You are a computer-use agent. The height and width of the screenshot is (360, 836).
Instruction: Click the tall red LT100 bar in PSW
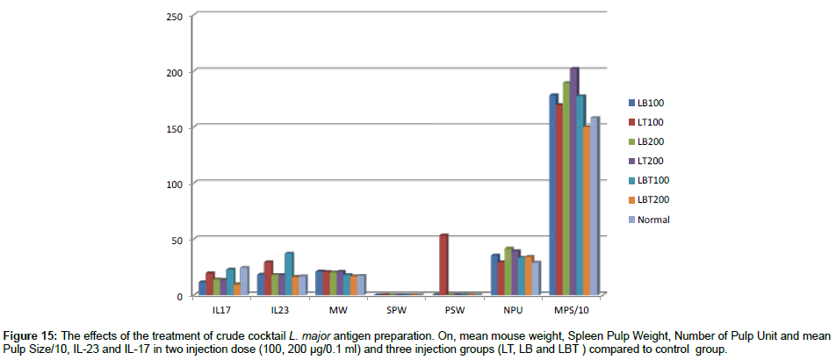[444, 264]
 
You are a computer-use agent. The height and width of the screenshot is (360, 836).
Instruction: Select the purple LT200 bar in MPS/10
[574, 181]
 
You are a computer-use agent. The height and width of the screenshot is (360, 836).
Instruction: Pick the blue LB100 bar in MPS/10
[553, 194]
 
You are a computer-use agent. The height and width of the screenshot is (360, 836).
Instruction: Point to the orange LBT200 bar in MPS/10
[587, 211]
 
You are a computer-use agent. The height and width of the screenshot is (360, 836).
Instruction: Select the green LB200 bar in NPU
[508, 271]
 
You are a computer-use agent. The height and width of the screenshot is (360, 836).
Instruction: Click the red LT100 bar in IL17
[210, 284]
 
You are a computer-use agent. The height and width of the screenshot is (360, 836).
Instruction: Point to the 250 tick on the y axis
[174, 17]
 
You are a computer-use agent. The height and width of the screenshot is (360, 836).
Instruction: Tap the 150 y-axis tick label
[174, 128]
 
